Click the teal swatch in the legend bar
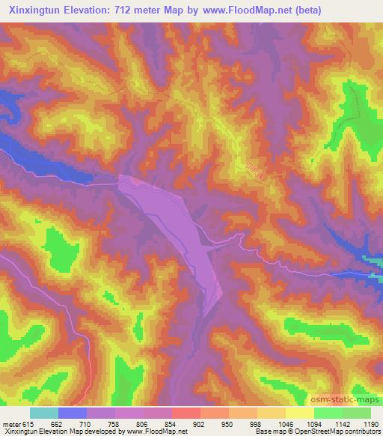click(x=44, y=413)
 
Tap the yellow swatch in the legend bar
click(x=300, y=413)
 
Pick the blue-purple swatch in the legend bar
click(x=73, y=413)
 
